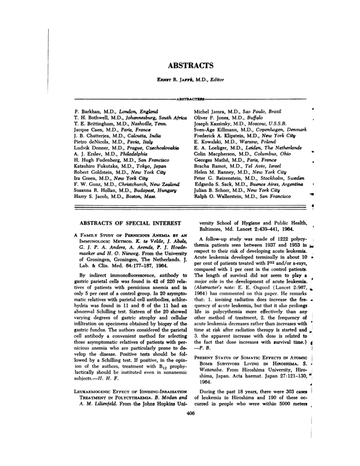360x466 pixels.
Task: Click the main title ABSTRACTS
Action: click(190, 65)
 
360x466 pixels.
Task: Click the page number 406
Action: click(191, 413)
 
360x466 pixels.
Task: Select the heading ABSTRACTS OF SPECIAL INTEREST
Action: click(131, 223)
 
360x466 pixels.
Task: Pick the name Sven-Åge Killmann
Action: click(211, 129)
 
